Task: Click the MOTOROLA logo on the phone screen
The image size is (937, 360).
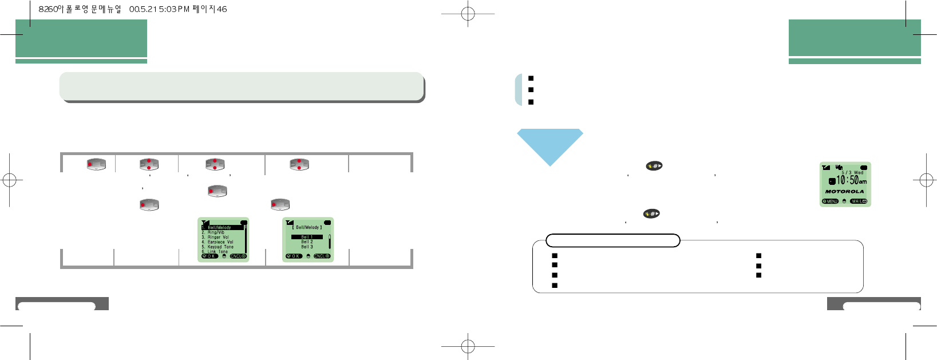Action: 844,192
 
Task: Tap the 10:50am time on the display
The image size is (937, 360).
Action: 851,180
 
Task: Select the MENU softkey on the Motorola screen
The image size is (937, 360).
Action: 830,201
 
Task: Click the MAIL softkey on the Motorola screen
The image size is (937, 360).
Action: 859,201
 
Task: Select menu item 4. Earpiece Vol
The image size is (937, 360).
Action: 218,242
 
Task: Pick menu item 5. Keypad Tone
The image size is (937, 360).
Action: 218,247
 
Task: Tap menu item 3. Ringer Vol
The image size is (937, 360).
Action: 216,237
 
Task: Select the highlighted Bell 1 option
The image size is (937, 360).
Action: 307,237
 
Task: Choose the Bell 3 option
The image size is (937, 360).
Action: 307,247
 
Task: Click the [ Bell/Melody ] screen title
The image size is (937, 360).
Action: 307,228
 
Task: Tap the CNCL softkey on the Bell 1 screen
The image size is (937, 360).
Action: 322,256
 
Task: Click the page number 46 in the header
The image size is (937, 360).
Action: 222,9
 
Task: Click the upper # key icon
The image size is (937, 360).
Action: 654,166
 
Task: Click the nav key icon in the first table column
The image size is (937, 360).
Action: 96,164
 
